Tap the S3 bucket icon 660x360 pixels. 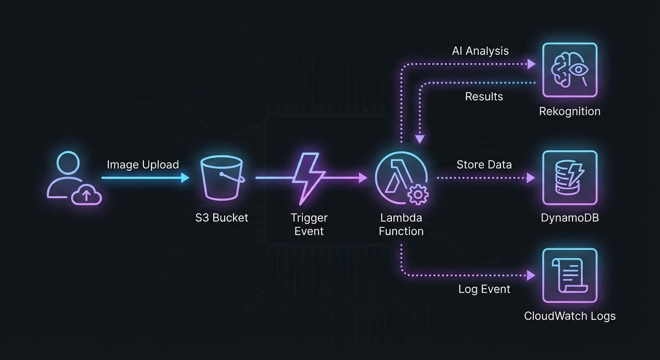[222, 178]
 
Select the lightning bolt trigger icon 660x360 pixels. [308, 178]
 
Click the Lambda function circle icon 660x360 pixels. [401, 178]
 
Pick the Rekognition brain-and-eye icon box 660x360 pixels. [570, 70]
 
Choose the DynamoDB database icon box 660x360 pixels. [570, 178]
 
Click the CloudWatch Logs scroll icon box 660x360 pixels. [570, 276]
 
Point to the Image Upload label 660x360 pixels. [142, 165]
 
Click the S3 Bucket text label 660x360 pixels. [222, 217]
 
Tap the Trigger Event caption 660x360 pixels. [309, 224]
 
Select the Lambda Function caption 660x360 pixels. [401, 224]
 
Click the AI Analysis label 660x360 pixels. [480, 51]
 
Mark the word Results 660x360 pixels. [484, 97]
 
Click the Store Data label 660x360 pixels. [484, 165]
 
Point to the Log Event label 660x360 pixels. [484, 289]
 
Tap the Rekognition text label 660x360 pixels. [570, 111]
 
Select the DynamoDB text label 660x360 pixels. [570, 217]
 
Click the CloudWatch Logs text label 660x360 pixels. [570, 316]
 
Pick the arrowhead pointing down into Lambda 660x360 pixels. [420, 139]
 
